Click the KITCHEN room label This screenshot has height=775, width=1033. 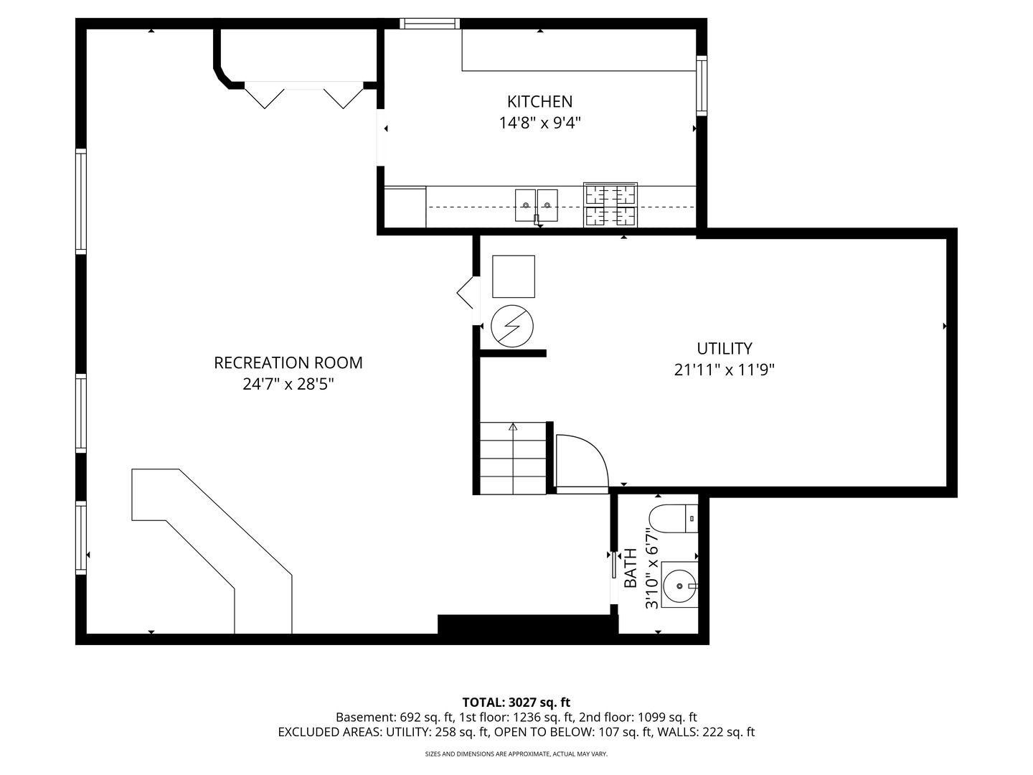pos(539,102)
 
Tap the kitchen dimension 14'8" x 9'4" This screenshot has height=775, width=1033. pos(539,123)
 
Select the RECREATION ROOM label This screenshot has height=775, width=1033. pos(288,363)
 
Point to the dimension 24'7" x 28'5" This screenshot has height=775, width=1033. pos(288,385)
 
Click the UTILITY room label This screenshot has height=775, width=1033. pos(725,349)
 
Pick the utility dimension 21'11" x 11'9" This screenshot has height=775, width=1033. pos(725,370)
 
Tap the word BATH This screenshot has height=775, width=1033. pos(631,568)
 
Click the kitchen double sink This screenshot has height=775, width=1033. pos(537,205)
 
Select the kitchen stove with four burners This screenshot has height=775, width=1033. pos(610,205)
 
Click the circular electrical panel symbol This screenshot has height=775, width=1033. pos(512,327)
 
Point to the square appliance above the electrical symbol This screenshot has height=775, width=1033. pos(513,276)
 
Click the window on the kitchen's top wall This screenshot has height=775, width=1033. pos(430,24)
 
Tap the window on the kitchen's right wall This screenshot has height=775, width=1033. pos(702,85)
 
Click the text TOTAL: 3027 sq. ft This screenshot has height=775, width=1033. pos(516,703)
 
